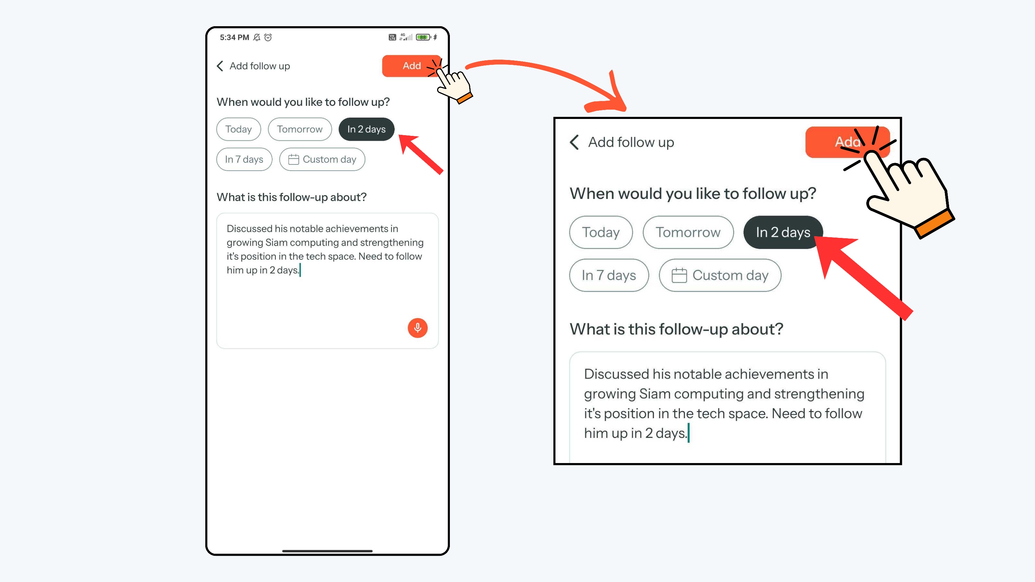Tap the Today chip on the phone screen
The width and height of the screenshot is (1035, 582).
239,129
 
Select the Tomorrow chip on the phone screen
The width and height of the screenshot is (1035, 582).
300,129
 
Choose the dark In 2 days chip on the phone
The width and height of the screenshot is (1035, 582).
366,129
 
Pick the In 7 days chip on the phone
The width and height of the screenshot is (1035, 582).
244,159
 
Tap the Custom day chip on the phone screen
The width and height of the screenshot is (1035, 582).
322,159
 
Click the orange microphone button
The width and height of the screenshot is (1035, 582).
417,328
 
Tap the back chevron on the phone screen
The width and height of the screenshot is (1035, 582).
220,66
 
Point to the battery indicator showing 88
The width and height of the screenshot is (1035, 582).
423,37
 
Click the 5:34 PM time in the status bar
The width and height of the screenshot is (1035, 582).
234,37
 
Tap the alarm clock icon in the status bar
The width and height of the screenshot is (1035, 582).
268,37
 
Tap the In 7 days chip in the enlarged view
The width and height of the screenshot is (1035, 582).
609,275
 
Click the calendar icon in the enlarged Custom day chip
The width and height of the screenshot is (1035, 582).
679,275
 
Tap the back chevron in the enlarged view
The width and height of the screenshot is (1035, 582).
574,142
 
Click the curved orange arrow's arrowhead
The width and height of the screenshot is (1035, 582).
607,97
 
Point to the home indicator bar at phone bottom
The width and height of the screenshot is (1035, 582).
327,551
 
